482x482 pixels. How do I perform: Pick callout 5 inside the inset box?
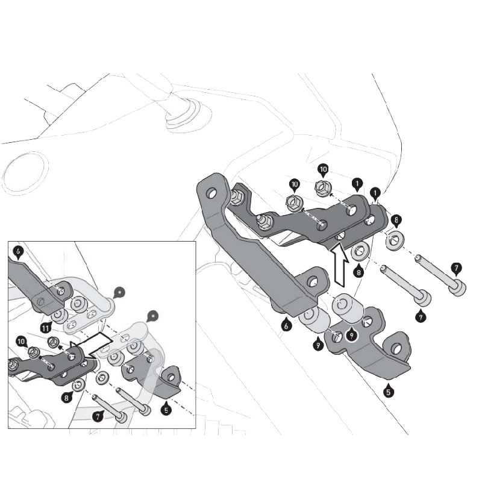tap(166, 408)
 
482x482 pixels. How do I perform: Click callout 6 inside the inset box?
tap(19, 250)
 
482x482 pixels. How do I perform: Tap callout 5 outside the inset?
tap(389, 391)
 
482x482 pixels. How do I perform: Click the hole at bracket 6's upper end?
tap(212, 194)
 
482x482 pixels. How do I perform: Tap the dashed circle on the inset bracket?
tap(41, 302)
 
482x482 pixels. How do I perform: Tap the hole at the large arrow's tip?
tap(339, 236)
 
